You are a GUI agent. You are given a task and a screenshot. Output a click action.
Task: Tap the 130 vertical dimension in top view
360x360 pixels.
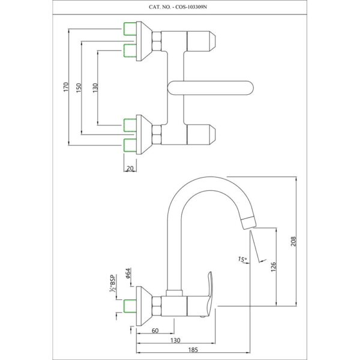(x=94, y=88)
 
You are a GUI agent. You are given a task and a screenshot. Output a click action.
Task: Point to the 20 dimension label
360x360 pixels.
(x=130, y=169)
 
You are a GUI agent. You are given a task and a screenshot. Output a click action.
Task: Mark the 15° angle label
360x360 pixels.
(x=242, y=259)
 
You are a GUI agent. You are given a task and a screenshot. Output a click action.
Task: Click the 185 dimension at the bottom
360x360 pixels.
(x=193, y=349)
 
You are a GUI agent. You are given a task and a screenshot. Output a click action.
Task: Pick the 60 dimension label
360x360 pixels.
(x=155, y=331)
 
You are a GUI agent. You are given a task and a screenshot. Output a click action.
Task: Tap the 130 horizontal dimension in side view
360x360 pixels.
(x=175, y=340)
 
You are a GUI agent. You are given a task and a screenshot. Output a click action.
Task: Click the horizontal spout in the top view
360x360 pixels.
(x=210, y=88)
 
